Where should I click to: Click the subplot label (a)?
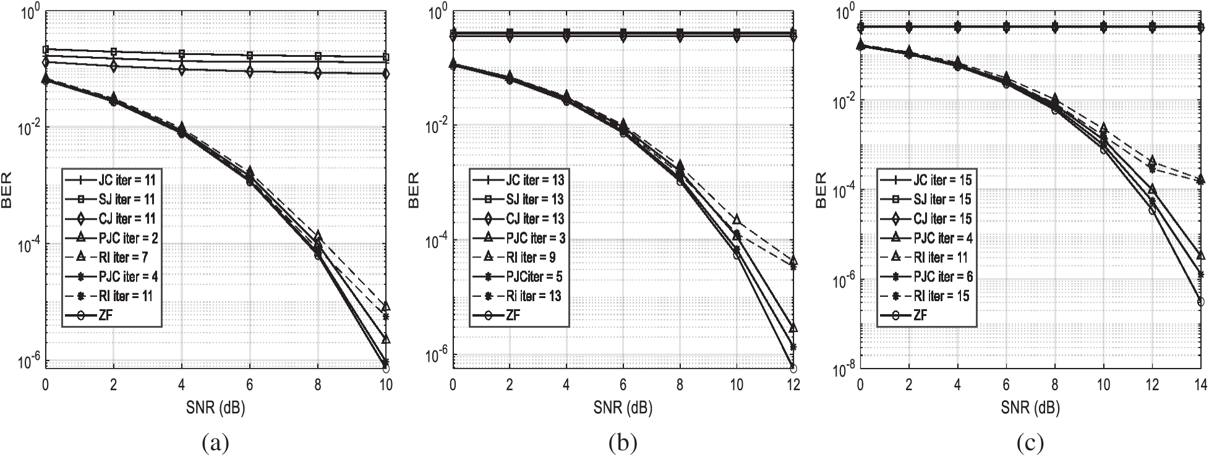pyautogui.click(x=215, y=443)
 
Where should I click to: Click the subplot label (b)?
pyautogui.click(x=623, y=443)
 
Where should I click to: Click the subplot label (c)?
pyautogui.click(x=1030, y=443)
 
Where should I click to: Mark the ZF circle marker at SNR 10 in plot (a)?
pyautogui.click(x=386, y=369)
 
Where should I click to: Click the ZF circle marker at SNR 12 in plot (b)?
pyautogui.click(x=793, y=369)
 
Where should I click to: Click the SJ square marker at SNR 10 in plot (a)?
pyautogui.click(x=386, y=58)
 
